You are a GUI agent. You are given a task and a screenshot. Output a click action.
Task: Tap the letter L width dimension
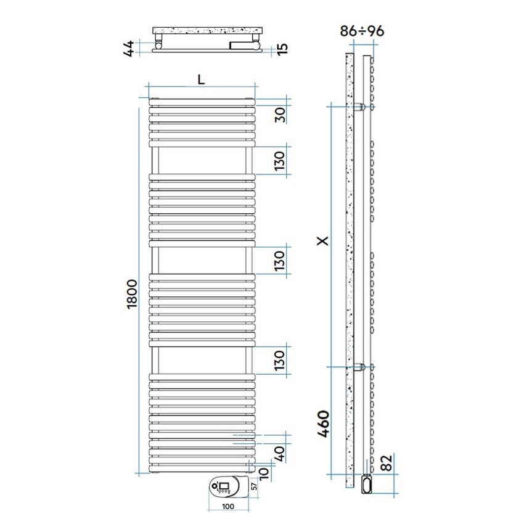click(x=200, y=80)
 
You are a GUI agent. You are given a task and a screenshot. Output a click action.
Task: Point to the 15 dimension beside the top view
click(x=282, y=48)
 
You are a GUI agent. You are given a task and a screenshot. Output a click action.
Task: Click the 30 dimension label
click(x=280, y=115)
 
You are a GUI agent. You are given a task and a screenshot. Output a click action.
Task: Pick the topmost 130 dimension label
click(x=280, y=161)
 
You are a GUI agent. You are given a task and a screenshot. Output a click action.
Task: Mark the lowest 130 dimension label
click(x=280, y=361)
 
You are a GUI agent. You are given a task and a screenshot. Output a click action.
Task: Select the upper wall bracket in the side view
click(x=360, y=107)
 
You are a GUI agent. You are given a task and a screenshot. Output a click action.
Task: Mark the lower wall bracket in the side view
click(x=360, y=367)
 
